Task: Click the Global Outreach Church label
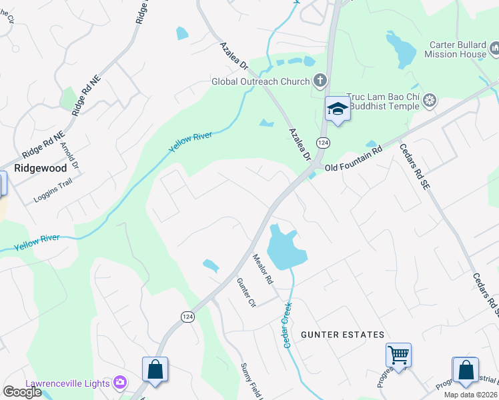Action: (260, 81)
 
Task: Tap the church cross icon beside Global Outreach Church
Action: (320, 81)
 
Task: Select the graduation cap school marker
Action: (337, 109)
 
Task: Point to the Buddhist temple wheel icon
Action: (430, 101)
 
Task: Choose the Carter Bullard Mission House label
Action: (458, 49)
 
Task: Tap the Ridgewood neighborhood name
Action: (41, 168)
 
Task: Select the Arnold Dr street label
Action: (69, 155)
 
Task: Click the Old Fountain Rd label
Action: (353, 161)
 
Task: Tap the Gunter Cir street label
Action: (246, 293)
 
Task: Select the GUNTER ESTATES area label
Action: (342, 335)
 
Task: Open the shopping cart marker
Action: (398, 355)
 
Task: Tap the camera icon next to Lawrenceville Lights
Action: (121, 382)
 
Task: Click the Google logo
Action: (22, 391)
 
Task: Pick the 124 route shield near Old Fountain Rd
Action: (323, 143)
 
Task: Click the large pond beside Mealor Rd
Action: (285, 249)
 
